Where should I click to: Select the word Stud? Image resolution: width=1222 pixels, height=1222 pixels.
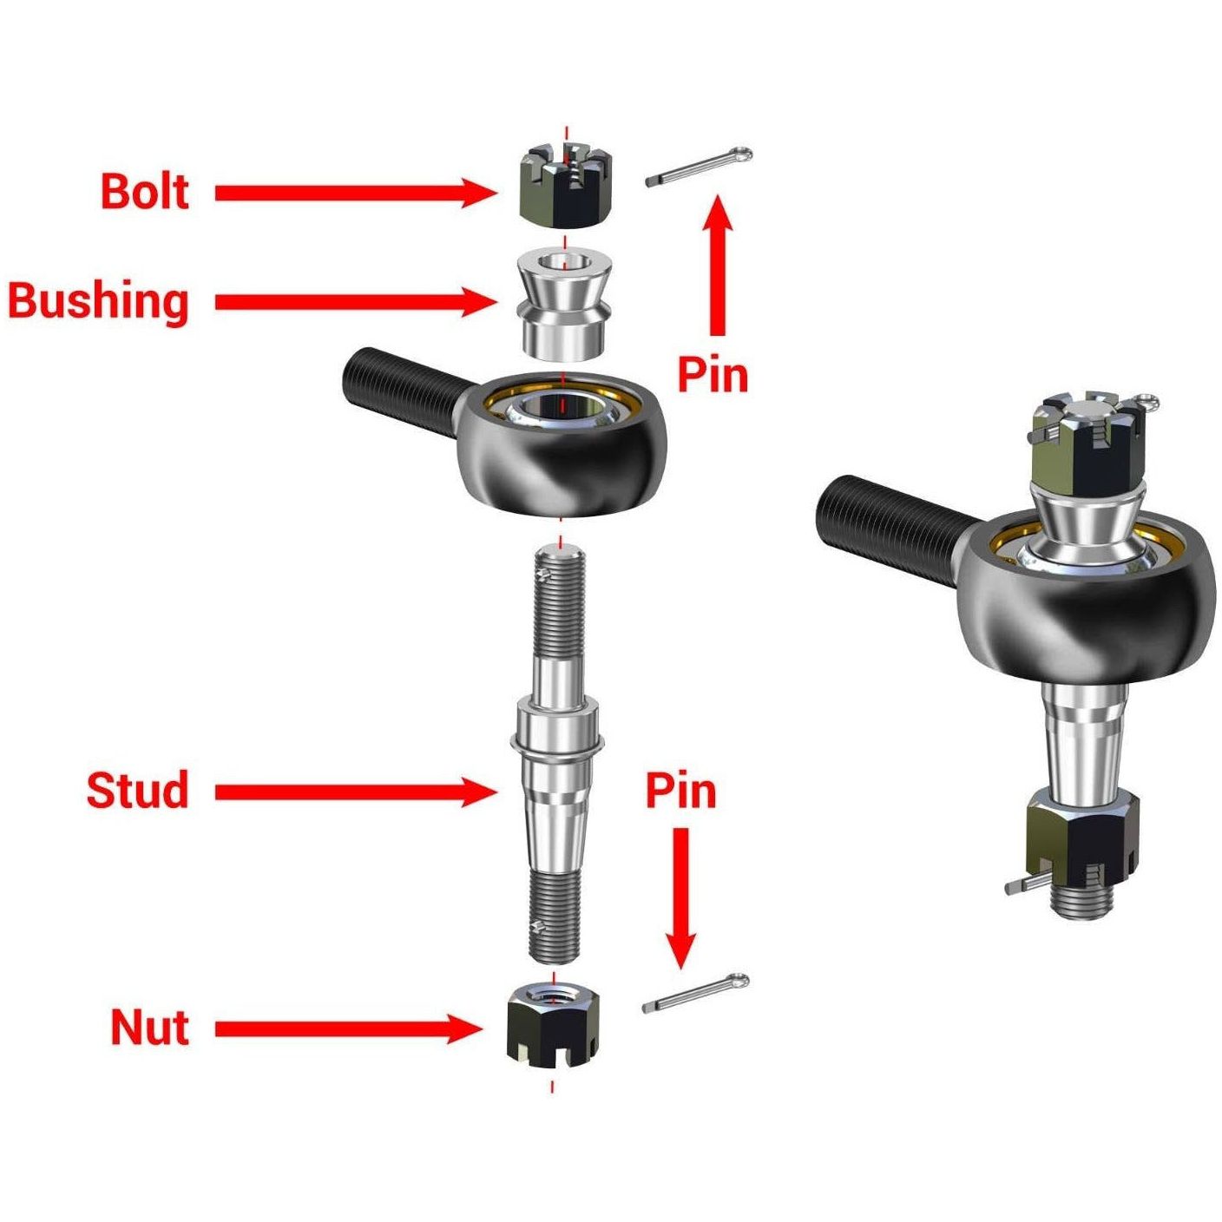138,790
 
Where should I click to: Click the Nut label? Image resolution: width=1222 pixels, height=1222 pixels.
149,1028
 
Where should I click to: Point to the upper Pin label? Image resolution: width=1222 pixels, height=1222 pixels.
713,375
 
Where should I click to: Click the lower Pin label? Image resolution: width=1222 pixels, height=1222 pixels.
681,790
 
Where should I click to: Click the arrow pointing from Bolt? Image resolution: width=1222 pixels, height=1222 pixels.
354,192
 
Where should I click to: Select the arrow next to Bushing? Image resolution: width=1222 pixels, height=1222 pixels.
354,302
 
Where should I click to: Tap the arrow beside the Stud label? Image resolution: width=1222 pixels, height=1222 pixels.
354,792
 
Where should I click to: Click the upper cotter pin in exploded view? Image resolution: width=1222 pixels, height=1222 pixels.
699,167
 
